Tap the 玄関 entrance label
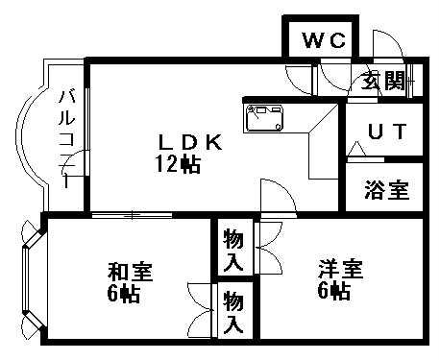(x=382, y=81)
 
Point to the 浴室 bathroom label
(x=386, y=190)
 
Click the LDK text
(x=191, y=143)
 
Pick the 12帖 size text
(x=179, y=164)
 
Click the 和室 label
(x=126, y=273)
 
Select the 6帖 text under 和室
(x=124, y=294)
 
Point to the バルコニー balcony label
(x=67, y=134)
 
